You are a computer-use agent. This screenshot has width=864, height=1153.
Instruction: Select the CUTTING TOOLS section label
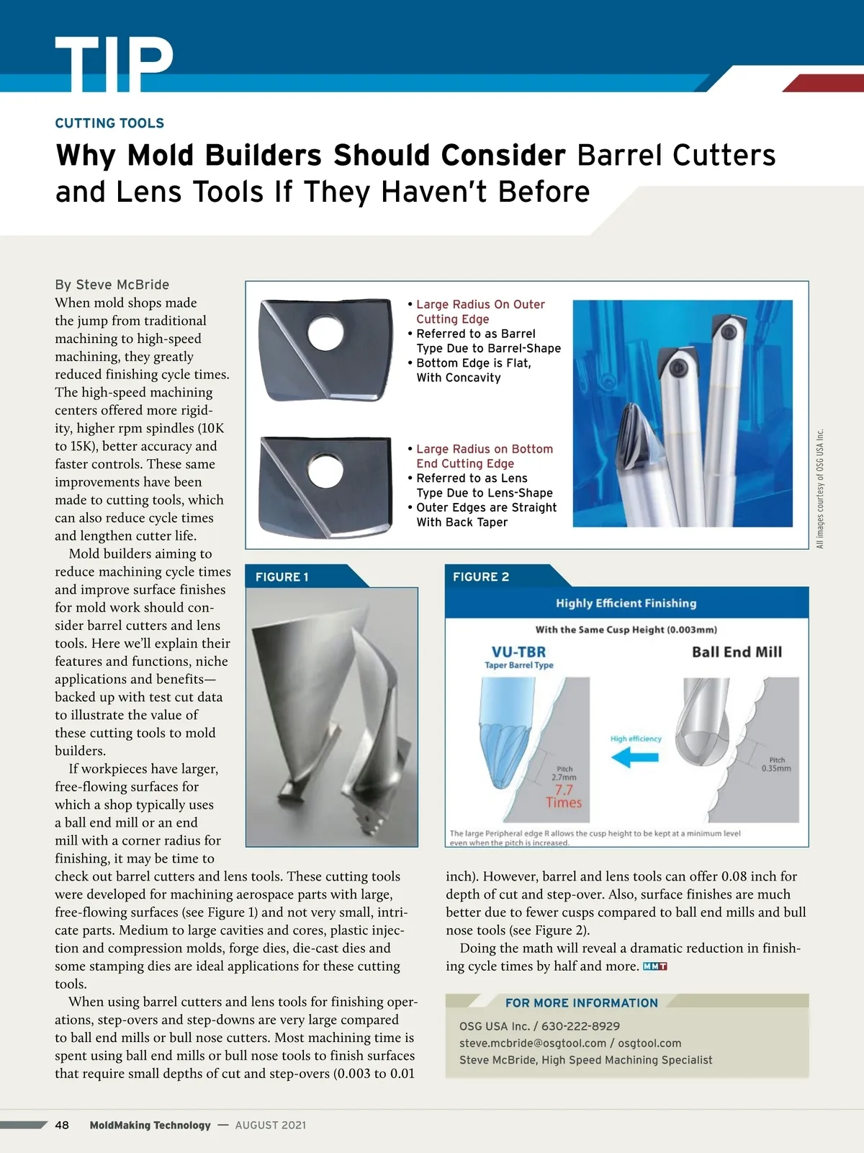pyautogui.click(x=109, y=123)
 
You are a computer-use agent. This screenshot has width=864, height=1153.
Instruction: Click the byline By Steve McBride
pyautogui.click(x=112, y=285)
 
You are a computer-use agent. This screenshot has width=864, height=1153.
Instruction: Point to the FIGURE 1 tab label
pyautogui.click(x=282, y=576)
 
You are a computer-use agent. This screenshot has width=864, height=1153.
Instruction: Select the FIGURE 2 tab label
pyautogui.click(x=480, y=576)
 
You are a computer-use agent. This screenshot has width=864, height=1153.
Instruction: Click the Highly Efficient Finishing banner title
pyautogui.click(x=626, y=603)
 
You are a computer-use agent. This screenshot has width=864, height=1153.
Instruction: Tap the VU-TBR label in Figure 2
pyautogui.click(x=518, y=651)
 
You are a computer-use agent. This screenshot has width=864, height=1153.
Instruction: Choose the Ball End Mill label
pyautogui.click(x=737, y=652)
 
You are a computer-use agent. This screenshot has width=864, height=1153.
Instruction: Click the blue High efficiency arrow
pyautogui.click(x=634, y=757)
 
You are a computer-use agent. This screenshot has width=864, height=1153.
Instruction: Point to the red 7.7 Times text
pyautogui.click(x=564, y=796)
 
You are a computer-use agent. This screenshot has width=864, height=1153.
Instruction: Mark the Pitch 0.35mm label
pyautogui.click(x=777, y=764)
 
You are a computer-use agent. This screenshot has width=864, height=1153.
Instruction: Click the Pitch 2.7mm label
pyautogui.click(x=564, y=773)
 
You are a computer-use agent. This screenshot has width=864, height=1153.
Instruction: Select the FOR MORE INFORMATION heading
pyautogui.click(x=581, y=1002)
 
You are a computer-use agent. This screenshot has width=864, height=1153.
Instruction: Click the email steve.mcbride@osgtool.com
pyautogui.click(x=533, y=1043)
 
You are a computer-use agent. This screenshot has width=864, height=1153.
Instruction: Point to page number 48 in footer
pyautogui.click(x=62, y=1125)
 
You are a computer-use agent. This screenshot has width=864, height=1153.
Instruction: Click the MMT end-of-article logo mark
pyautogui.click(x=654, y=966)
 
